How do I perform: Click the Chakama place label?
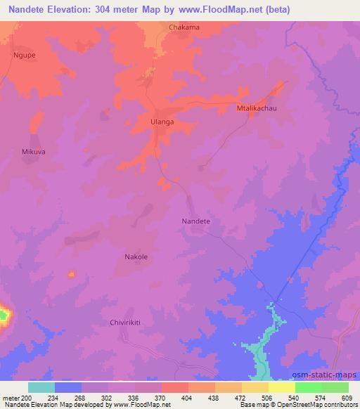tap(184, 27)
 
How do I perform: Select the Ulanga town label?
tap(162, 122)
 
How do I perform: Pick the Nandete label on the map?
tap(196, 221)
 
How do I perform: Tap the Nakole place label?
tap(136, 257)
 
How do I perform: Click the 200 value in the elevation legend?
tap(27, 398)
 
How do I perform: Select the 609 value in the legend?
tap(347, 398)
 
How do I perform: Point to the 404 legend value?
tap(188, 398)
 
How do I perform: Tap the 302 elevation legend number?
tap(108, 398)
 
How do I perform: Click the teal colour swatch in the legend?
tap(41, 387)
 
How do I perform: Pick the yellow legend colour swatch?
tap(281, 387)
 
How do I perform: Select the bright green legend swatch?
tap(308, 387)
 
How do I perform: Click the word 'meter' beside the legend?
tap(10, 398)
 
